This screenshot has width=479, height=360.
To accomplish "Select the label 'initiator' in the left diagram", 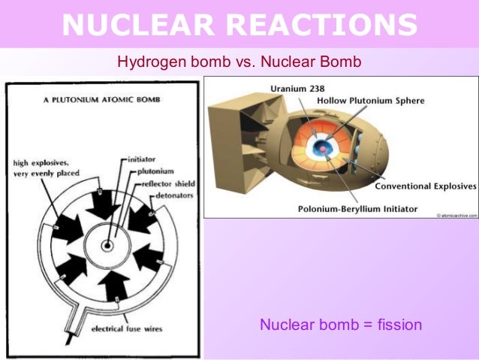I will (x=142, y=159).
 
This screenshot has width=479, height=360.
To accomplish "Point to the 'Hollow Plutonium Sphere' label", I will (x=370, y=100).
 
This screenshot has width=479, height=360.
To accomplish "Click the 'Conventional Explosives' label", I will (x=426, y=186).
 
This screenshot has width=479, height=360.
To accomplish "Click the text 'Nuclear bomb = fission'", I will (x=341, y=325).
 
